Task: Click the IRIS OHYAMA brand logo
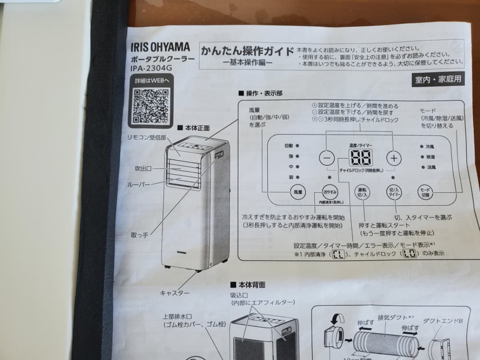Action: click(160, 48)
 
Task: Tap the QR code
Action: click(151, 105)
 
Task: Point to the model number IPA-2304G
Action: click(151, 68)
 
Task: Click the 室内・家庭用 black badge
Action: click(438, 80)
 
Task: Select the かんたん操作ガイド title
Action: click(247, 50)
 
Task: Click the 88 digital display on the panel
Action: click(360, 157)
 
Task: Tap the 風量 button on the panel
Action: click(297, 192)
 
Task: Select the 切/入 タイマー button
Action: click(394, 192)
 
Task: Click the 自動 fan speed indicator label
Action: click(289, 145)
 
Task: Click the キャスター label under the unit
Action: click(175, 293)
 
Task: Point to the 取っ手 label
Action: click(140, 234)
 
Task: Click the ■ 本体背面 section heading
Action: click(248, 284)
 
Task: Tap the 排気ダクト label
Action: click(392, 318)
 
